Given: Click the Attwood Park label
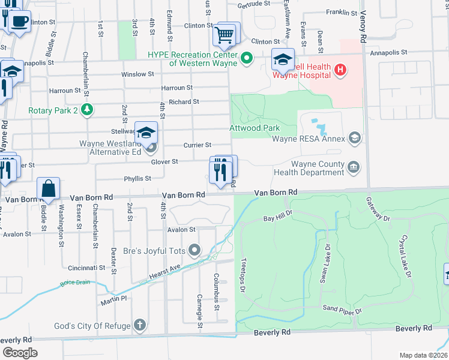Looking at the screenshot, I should (255, 128).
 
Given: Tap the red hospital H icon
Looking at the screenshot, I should (340, 71).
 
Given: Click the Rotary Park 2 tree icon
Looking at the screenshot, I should (88, 110).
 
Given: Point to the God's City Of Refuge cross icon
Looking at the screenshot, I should (139, 326).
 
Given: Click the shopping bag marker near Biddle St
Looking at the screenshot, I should (48, 189).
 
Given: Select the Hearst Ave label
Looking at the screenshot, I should (164, 273).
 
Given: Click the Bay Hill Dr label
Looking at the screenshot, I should (277, 216).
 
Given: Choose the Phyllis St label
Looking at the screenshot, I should (137, 178).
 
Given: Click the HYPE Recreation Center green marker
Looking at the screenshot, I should (246, 59).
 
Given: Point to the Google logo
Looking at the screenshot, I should (20, 353).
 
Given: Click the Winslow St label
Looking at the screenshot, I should (137, 74).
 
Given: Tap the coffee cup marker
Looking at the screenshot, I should (19, 21).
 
